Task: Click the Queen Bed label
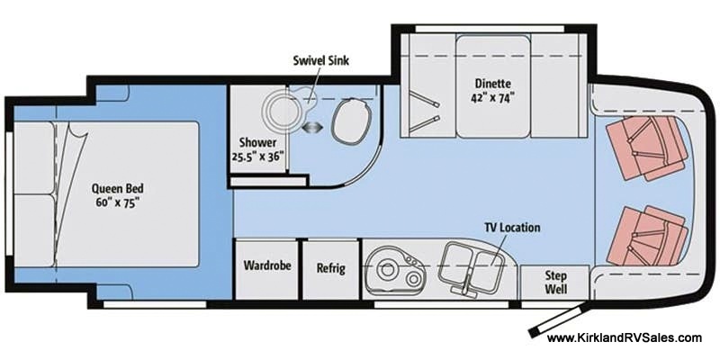118,188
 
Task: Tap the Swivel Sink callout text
320,60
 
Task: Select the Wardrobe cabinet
267,268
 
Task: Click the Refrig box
330,268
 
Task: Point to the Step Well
555,283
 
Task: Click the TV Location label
512,228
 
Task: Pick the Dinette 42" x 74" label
493,91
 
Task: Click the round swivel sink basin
281,112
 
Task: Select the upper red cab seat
646,147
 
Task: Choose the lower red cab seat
646,237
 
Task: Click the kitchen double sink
468,268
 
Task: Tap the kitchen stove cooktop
394,271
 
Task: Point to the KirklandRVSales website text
624,338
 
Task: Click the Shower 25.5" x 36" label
260,149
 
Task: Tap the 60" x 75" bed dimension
118,203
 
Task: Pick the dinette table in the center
493,86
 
